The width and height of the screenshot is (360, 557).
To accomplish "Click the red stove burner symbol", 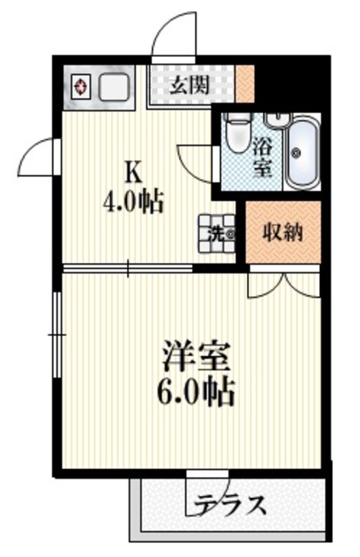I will click(x=81, y=87).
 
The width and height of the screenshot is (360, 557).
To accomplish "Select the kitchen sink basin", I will click(x=114, y=88).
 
